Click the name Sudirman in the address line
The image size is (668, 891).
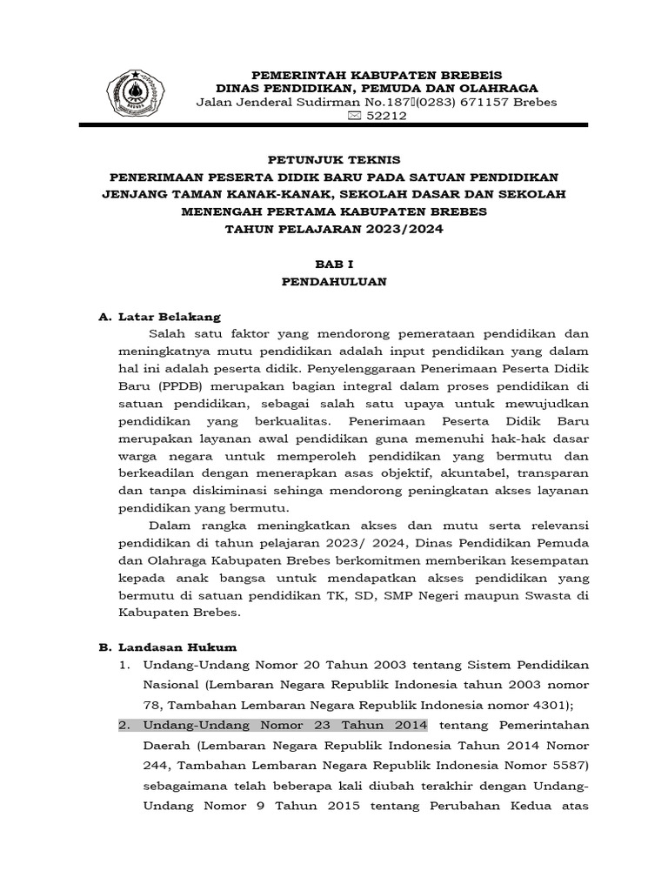coord(301,104)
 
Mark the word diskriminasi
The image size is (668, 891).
coord(222,491)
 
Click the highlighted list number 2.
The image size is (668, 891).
coord(124,726)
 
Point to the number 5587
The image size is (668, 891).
coord(565,767)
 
